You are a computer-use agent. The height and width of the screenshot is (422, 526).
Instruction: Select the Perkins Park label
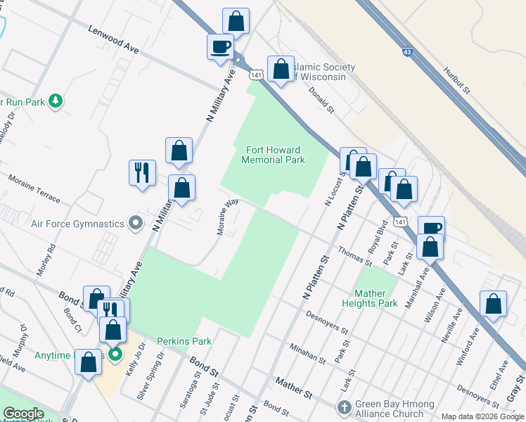[x=184, y=341]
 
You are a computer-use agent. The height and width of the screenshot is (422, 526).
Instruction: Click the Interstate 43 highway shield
[x=408, y=51]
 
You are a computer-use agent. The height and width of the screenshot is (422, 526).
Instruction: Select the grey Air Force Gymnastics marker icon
[x=136, y=224]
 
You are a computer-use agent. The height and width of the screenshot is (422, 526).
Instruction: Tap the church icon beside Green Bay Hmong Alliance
[x=343, y=407]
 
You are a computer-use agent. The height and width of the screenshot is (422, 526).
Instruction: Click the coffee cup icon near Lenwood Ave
[x=220, y=46]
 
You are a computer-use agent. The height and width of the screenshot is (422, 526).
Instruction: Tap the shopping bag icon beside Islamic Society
[x=281, y=69]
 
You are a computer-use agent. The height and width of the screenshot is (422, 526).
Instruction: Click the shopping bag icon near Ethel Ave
[x=494, y=303]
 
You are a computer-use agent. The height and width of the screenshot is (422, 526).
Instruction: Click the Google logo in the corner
[x=23, y=414]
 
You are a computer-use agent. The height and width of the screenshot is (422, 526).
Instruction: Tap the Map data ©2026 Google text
[x=482, y=416]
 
